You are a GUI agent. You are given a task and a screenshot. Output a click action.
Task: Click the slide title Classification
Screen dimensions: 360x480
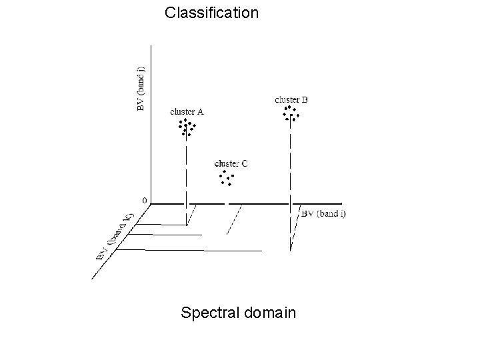pos(211,13)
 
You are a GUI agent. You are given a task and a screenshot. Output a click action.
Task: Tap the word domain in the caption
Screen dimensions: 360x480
pos(269,312)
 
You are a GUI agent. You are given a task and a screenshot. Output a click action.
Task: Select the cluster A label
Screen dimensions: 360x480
pos(187,111)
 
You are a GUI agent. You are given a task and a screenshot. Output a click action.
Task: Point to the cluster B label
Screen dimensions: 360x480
pos(291,100)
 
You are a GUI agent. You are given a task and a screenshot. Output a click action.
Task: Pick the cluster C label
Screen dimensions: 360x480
pos(231,163)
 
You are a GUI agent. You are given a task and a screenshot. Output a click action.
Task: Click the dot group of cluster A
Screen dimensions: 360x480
pos(187,127)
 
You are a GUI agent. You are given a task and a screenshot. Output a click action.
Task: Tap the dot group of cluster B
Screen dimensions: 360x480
pos(291,113)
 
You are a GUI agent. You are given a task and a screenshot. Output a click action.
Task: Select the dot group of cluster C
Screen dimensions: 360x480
pos(226,177)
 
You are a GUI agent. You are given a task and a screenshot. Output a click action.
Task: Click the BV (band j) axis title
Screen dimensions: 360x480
pos(141,89)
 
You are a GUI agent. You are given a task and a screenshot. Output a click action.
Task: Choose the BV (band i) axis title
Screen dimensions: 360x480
pos(324,214)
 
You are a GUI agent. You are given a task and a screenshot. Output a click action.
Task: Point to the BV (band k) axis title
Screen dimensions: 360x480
pos(115,235)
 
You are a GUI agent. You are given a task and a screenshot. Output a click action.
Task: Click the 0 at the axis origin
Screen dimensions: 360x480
pos(145,199)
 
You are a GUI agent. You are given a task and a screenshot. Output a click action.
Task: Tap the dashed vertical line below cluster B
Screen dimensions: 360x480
pos(291,167)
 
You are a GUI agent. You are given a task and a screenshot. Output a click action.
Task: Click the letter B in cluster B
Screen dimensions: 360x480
pos(305,100)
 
